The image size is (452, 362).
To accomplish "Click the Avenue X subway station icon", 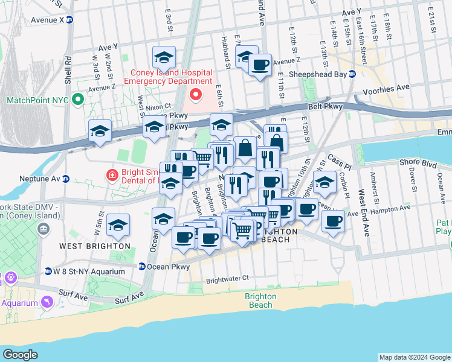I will (69, 19).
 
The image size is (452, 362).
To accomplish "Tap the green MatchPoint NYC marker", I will (77, 100).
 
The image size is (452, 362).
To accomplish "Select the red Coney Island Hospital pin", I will (195, 94).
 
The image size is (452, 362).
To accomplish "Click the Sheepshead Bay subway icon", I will (352, 74).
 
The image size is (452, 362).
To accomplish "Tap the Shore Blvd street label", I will (418, 163).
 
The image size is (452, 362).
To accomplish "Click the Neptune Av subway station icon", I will (66, 179).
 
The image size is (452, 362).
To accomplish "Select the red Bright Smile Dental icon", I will (112, 176).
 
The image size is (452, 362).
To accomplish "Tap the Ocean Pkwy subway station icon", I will (141, 266).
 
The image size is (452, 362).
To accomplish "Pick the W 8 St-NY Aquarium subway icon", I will (48, 271).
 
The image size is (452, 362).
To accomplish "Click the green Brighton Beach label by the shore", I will (260, 300).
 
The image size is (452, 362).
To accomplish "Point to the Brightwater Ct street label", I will (227, 279).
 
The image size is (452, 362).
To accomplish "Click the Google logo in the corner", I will (20, 355).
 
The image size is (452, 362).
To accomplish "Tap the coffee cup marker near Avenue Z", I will (260, 65).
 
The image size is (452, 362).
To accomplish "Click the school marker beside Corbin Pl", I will (325, 183).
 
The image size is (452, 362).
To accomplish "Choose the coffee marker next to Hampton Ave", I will (332, 220).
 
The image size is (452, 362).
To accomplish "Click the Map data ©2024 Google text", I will (414, 357).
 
